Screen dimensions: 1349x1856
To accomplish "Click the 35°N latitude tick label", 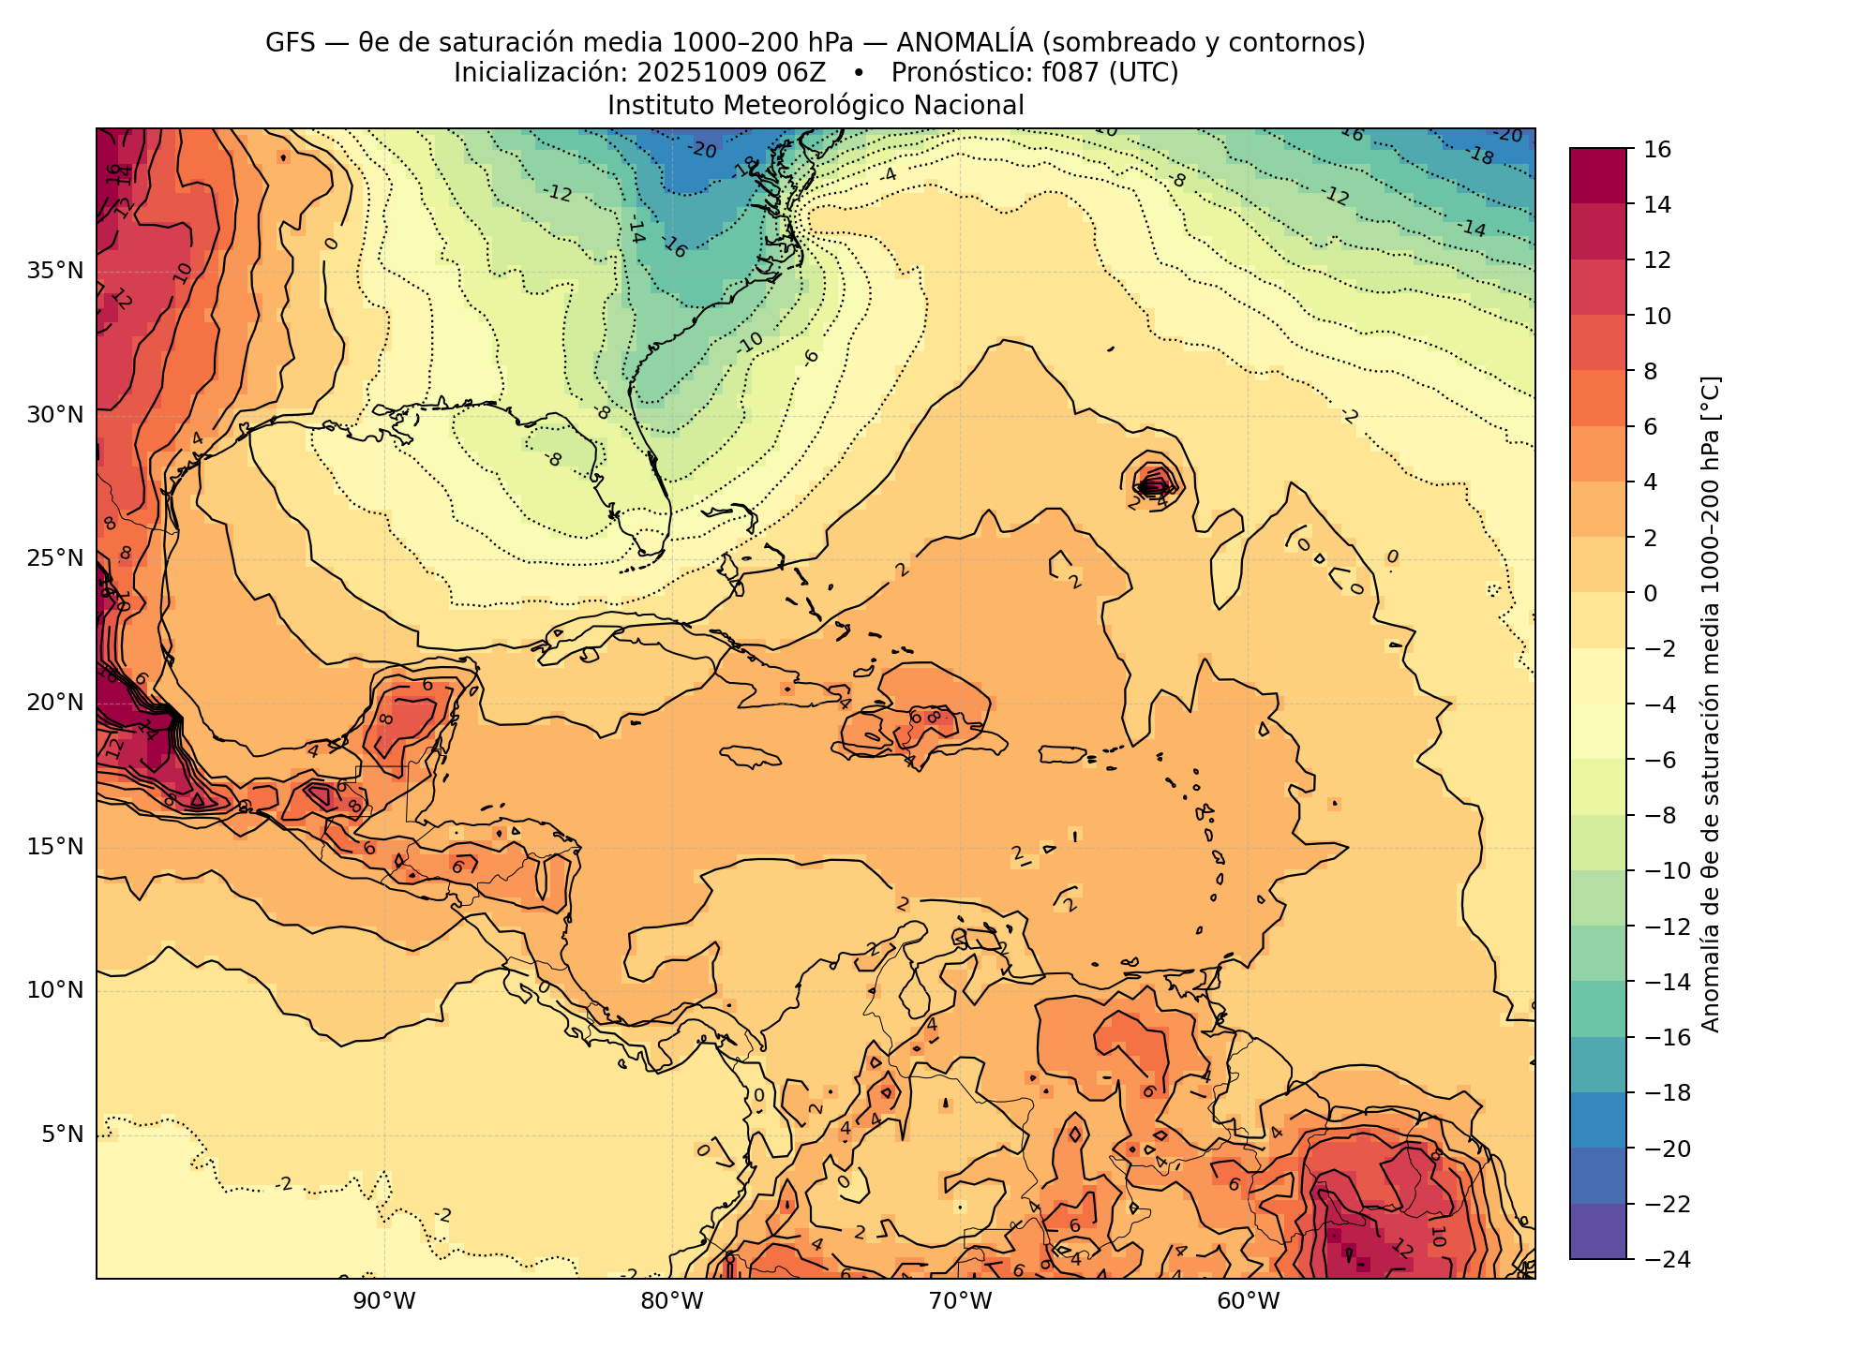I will pyautogui.click(x=55, y=271).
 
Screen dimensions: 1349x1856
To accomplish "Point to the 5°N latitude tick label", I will pyautogui.click(x=62, y=1134).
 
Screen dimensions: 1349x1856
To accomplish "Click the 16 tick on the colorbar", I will pyautogui.click(x=1656, y=149).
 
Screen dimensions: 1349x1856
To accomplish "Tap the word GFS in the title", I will pyautogui.click(x=290, y=43).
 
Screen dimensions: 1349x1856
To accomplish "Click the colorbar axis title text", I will pyautogui.click(x=1711, y=704).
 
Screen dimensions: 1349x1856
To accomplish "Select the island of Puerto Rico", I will pyautogui.click(x=1062, y=754).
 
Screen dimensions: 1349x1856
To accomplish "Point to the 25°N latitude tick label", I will pyautogui.click(x=55, y=558).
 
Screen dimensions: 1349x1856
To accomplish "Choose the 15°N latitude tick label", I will pyautogui.click(x=55, y=847).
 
